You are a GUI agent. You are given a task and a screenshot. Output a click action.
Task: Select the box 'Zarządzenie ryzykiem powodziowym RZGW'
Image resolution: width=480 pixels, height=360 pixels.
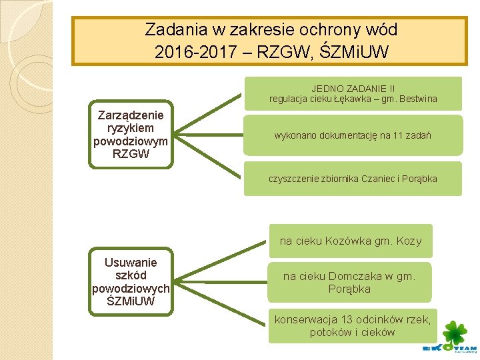point(131,134)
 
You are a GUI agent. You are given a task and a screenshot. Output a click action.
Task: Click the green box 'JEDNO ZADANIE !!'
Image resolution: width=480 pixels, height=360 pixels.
point(353,93)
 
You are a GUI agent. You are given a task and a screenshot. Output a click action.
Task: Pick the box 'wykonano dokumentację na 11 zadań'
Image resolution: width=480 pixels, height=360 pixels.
point(353,136)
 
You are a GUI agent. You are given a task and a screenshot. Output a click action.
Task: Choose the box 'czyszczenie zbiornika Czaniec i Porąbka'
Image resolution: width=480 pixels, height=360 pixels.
point(353,179)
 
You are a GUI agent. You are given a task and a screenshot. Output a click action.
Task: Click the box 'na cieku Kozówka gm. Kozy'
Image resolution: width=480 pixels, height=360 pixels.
point(351,241)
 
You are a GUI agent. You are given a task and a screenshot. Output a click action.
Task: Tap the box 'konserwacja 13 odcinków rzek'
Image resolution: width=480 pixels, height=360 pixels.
point(353,326)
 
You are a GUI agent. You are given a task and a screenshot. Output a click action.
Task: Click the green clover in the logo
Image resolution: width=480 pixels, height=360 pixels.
point(455,333)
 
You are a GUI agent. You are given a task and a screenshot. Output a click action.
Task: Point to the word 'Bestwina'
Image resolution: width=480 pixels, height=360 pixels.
point(416,99)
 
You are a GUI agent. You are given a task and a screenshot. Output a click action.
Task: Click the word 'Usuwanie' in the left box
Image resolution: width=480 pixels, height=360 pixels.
point(131,263)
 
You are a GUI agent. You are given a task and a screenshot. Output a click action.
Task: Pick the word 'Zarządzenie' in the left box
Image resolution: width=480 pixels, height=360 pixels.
point(131,115)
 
